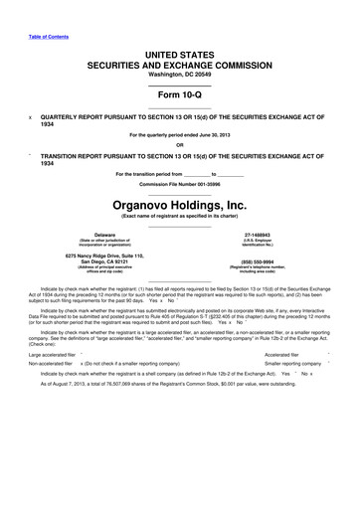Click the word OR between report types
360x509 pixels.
pyautogui.click(x=179, y=145)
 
